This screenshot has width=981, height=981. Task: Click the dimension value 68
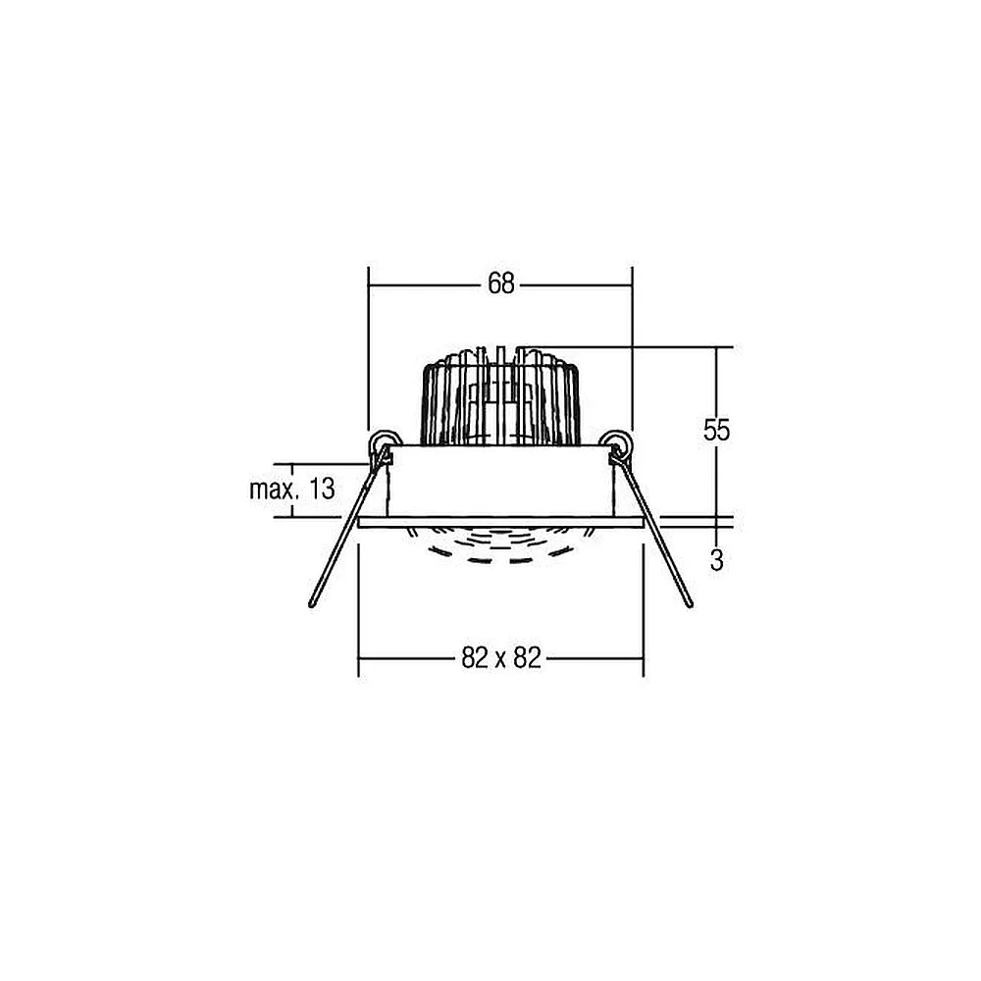point(501,284)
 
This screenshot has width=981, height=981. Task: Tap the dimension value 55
point(716,431)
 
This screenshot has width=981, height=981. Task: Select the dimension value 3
point(717,560)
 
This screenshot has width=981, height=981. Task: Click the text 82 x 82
point(501,658)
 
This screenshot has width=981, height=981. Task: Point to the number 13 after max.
point(322,489)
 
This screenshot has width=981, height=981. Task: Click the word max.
point(274,490)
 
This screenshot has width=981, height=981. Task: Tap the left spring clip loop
point(382,441)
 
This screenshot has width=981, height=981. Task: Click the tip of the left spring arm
point(312,605)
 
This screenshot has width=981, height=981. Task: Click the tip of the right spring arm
point(690,604)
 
